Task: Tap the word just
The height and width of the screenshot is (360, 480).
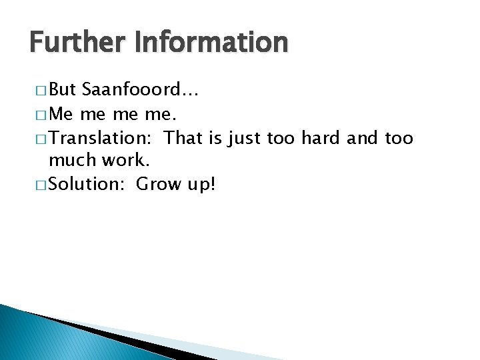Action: (244, 139)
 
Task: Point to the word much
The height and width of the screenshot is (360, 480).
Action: (72, 161)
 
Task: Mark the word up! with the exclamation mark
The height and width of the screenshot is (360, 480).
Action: (201, 185)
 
